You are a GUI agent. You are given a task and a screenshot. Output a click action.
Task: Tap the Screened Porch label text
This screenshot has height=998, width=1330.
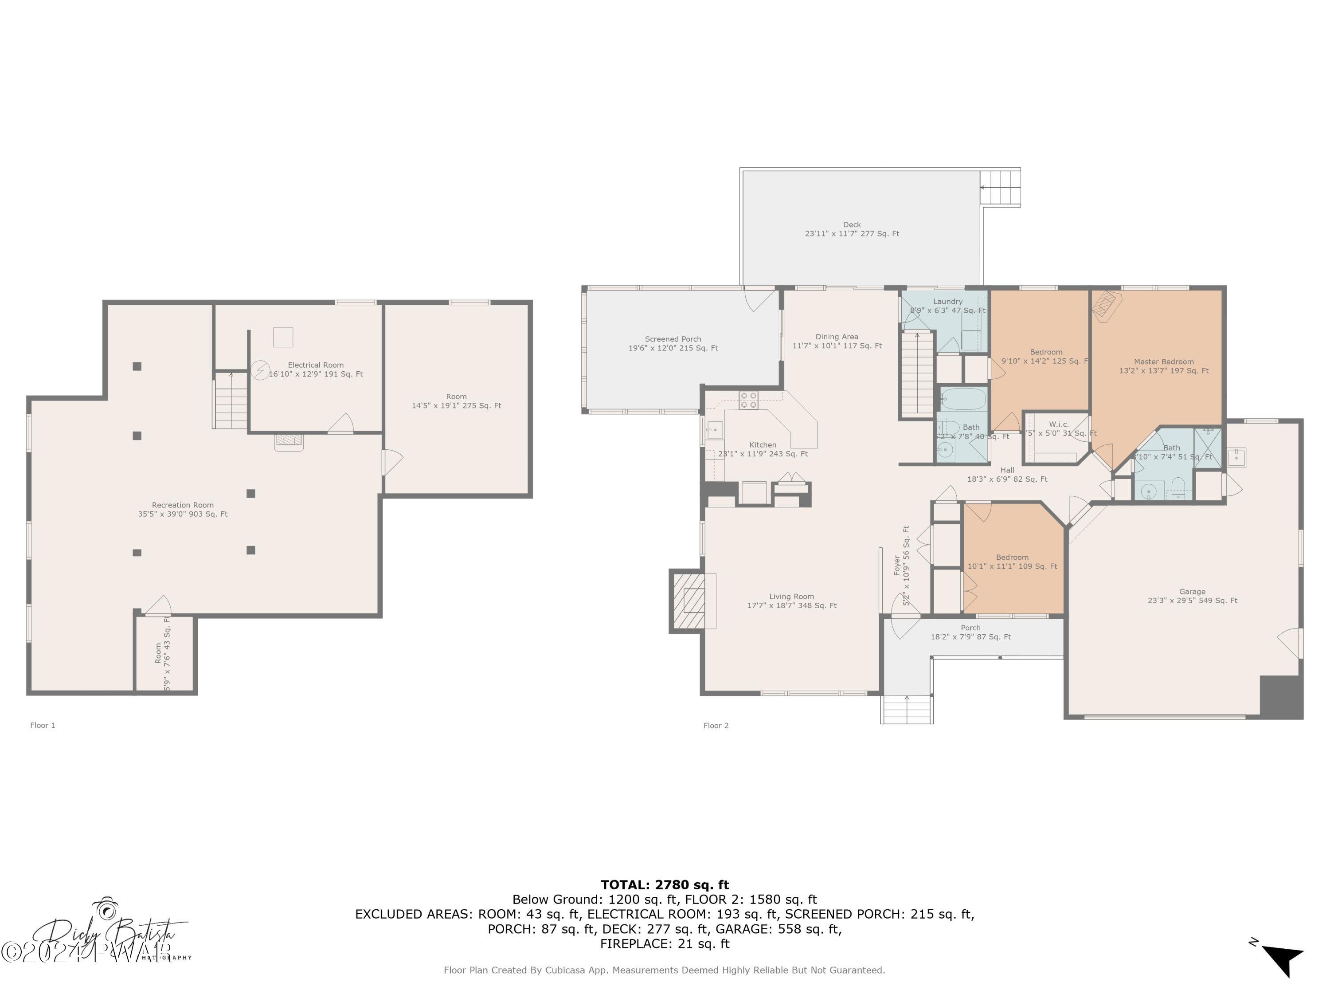tap(673, 343)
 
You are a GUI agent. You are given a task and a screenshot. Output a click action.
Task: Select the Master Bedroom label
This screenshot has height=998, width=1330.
tap(1163, 366)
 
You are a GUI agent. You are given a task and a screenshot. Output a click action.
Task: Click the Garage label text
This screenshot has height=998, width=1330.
tap(1192, 596)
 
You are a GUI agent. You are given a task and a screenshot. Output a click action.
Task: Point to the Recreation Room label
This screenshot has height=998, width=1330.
tap(183, 509)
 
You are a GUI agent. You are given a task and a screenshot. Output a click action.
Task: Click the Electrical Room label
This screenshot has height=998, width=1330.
tap(316, 369)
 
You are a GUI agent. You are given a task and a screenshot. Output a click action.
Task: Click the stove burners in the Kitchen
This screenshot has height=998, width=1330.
tap(749, 400)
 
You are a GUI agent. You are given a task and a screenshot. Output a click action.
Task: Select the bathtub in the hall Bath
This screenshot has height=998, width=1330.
tap(964, 399)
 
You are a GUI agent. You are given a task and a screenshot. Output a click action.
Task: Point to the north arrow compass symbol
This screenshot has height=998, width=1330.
tap(1283, 959)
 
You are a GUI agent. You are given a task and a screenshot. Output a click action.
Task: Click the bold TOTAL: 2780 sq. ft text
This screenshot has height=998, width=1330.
tap(665, 884)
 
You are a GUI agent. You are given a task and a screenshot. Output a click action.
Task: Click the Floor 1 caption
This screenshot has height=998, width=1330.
tap(43, 725)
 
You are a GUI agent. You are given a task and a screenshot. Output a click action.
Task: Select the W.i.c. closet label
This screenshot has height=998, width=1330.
tap(1059, 424)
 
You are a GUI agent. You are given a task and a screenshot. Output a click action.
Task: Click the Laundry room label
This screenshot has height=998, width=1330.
tap(947, 301)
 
